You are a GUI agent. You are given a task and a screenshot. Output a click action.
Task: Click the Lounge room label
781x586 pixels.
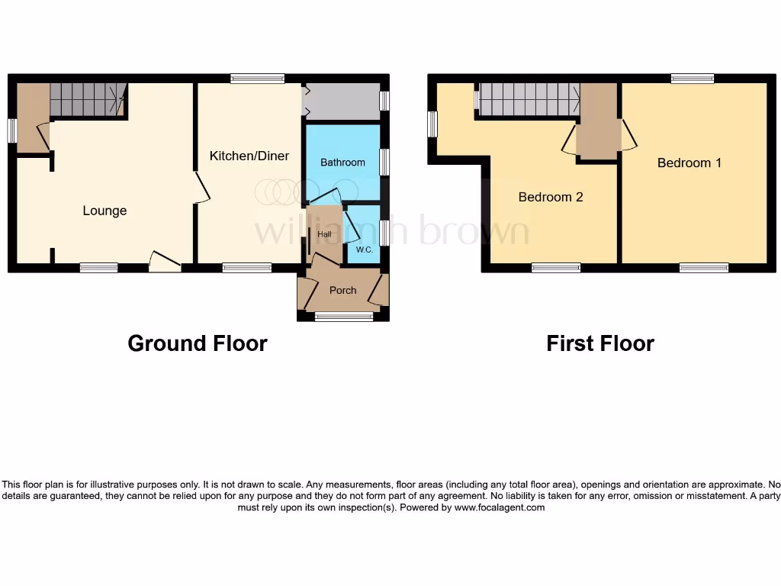(x=104, y=211)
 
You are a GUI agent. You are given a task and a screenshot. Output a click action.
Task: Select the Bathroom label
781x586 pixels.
(x=342, y=163)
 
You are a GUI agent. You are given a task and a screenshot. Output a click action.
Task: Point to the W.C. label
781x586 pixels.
(x=364, y=250)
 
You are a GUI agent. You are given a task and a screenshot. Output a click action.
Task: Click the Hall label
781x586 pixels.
(x=324, y=234)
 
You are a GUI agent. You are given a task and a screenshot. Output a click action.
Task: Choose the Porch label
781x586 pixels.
(x=342, y=290)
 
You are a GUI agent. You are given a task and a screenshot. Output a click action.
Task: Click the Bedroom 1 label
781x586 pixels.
(x=689, y=163)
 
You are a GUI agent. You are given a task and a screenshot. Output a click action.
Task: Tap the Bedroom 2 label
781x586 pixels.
(x=551, y=197)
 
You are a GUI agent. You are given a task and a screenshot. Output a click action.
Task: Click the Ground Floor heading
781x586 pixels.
(x=198, y=343)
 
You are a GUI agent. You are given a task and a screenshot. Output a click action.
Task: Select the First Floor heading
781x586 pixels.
(x=600, y=343)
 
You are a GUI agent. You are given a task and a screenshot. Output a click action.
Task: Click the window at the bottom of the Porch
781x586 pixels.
(x=339, y=317)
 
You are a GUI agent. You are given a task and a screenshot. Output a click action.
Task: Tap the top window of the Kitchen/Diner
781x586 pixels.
(x=258, y=78)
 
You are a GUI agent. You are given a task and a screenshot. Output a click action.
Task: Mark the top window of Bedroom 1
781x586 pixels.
(x=693, y=78)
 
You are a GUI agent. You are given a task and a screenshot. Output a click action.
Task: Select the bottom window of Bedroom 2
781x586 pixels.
(x=556, y=267)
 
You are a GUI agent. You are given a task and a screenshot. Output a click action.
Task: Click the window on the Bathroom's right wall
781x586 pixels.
(x=384, y=163)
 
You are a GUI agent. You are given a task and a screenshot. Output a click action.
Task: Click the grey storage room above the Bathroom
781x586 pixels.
(x=342, y=101)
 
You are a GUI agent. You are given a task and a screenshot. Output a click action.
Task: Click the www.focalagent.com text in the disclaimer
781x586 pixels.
(x=499, y=507)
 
